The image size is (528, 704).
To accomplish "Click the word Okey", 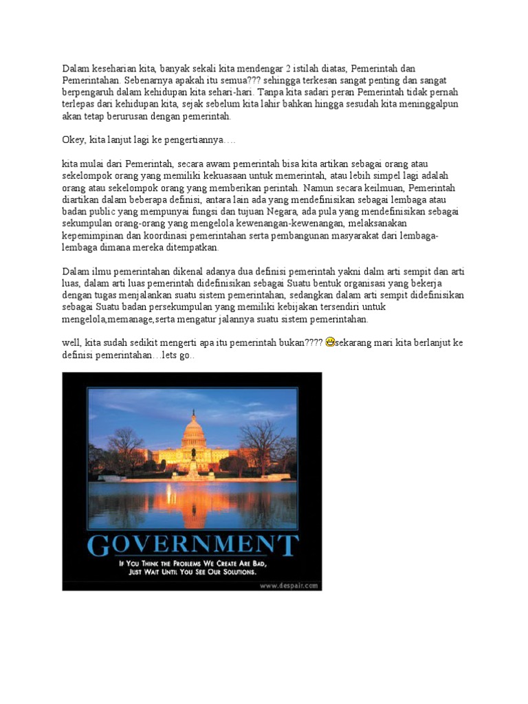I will click(x=73, y=140).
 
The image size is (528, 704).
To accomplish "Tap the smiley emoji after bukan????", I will click(x=330, y=342).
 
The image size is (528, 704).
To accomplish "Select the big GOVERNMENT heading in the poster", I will click(x=192, y=545).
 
